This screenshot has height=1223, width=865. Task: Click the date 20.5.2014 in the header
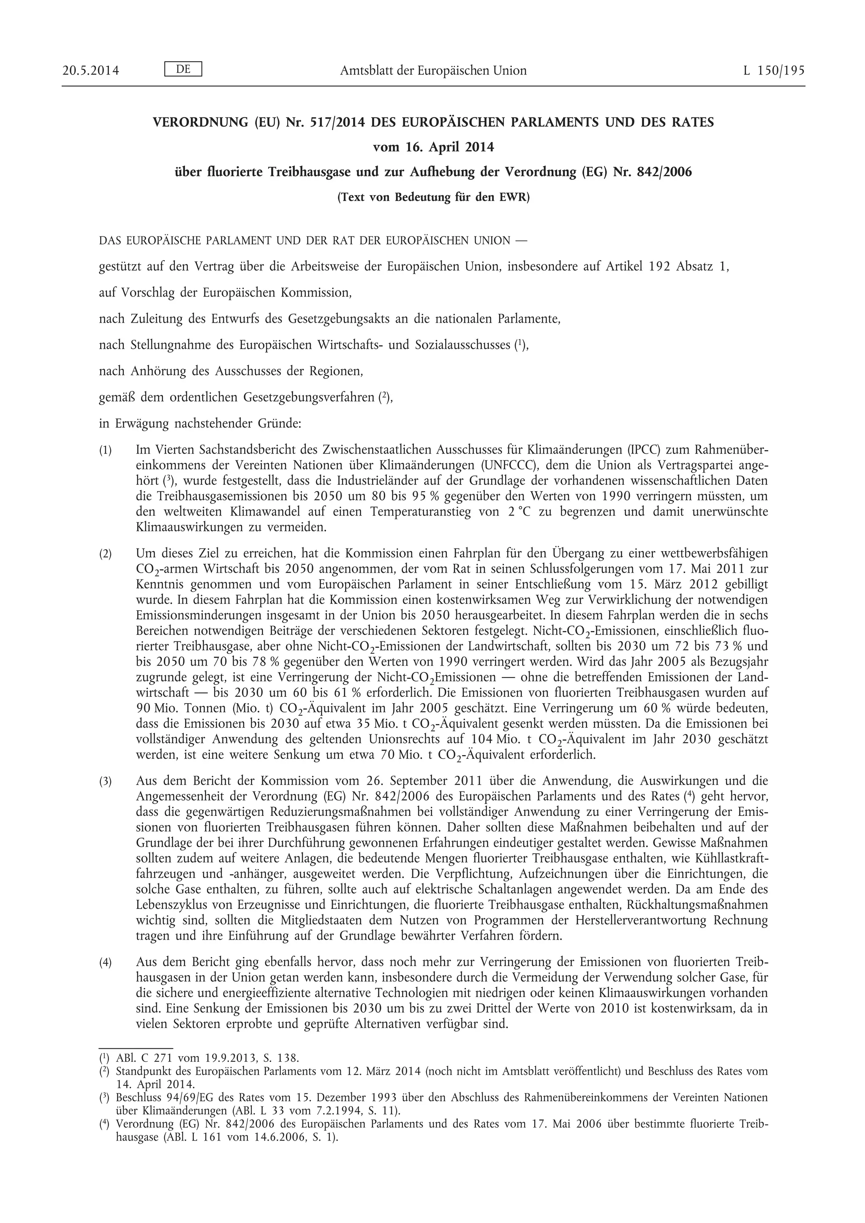click(90, 71)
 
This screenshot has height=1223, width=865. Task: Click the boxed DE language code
click(183, 69)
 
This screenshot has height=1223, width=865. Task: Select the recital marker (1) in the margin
click(106, 451)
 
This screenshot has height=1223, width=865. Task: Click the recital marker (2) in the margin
click(106, 554)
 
